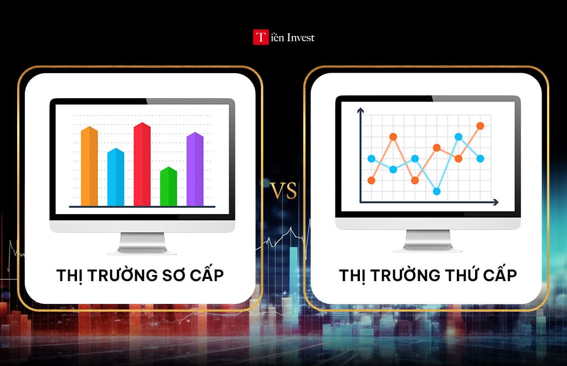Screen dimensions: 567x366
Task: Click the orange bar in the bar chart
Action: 89,166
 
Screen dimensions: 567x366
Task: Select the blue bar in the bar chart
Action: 116,177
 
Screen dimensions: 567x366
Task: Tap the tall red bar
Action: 142,164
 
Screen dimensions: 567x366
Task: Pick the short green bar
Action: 168,186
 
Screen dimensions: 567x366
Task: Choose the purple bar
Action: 195,169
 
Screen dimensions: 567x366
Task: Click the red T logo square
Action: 260,37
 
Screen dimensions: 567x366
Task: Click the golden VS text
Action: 283,190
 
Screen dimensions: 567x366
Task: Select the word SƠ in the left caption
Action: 174,275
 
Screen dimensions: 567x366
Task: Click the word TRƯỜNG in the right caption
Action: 405,275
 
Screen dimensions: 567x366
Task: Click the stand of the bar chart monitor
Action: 142,243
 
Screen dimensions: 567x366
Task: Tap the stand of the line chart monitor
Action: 428,240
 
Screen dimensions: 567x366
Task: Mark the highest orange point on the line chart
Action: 480,126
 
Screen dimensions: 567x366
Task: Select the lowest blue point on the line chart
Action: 437,191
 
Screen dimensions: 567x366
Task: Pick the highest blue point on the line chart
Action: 458,137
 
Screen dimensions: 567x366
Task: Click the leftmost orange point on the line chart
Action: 372,180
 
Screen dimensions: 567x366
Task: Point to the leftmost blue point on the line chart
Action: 372,159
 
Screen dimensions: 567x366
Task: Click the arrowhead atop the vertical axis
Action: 360,110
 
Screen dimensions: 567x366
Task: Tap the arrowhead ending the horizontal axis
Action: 496,202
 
